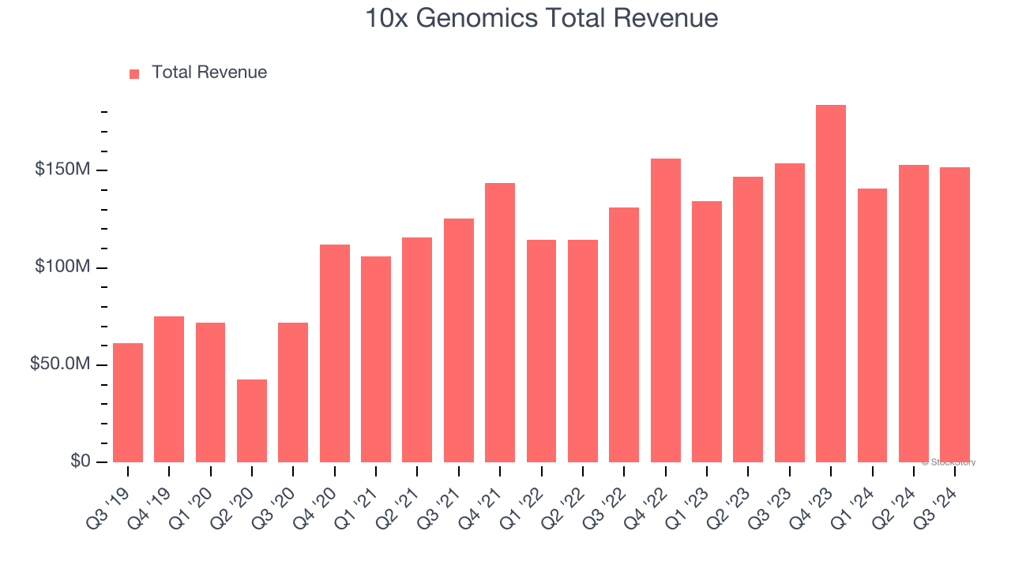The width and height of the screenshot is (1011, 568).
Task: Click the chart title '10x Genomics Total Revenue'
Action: (541, 18)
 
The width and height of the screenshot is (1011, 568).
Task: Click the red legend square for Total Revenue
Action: (134, 73)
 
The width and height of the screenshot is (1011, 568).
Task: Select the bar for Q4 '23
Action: (831, 283)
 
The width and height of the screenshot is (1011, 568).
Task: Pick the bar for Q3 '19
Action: (128, 402)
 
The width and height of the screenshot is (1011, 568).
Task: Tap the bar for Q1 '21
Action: (376, 359)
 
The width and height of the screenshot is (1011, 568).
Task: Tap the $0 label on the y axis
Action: (80, 461)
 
